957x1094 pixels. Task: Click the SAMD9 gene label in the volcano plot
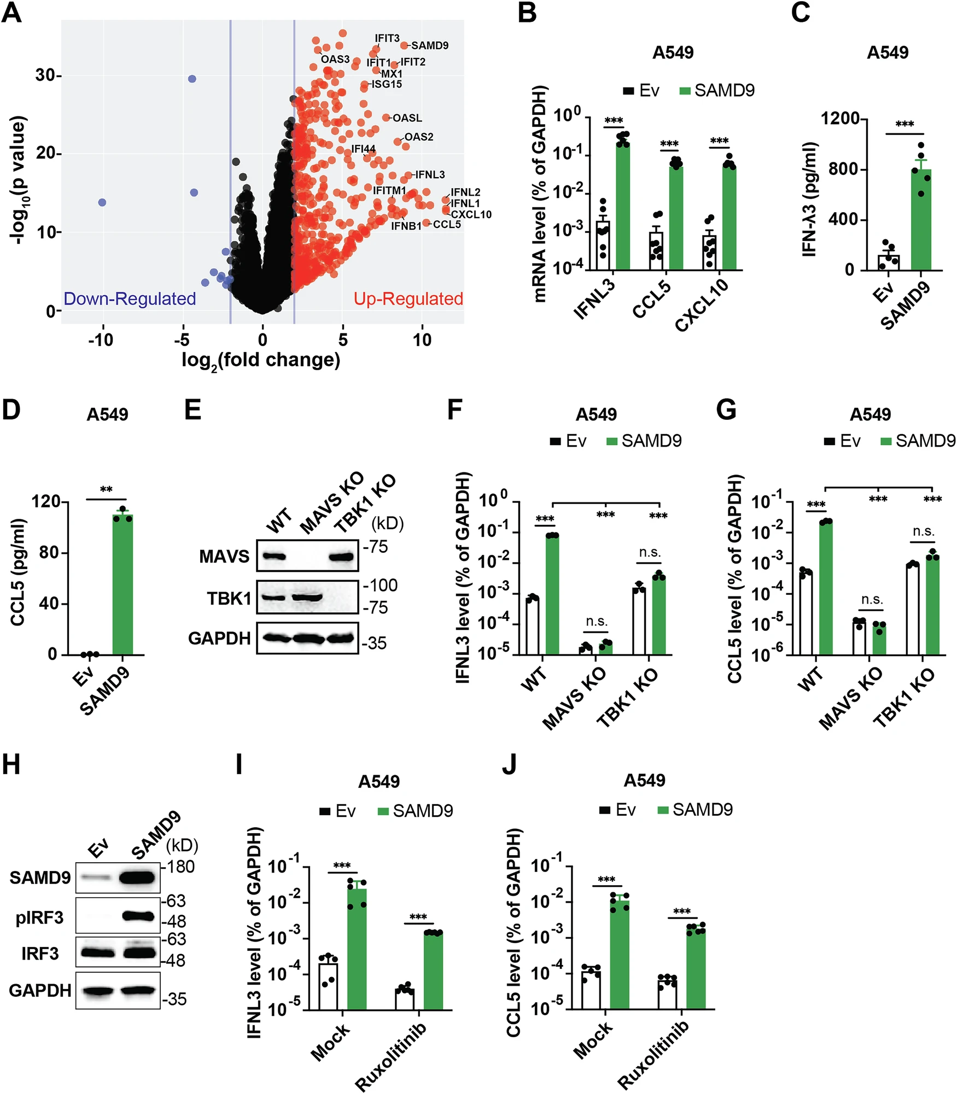pyautogui.click(x=430, y=45)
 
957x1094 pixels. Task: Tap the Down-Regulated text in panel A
pyautogui.click(x=130, y=299)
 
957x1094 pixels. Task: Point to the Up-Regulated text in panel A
pyautogui.click(x=408, y=299)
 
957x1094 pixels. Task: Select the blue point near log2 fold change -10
pyautogui.click(x=102, y=202)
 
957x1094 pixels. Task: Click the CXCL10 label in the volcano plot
pyautogui.click(x=471, y=214)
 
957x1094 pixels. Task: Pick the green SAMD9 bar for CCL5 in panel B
pyautogui.click(x=676, y=216)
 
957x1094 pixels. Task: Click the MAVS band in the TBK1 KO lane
pyautogui.click(x=341, y=557)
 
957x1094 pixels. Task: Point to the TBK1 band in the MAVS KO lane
pyautogui.click(x=307, y=598)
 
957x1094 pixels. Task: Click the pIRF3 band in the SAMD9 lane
pyautogui.click(x=138, y=916)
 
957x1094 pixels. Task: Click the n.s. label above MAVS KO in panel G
pyautogui.click(x=871, y=600)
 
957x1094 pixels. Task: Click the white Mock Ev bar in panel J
pyautogui.click(x=591, y=990)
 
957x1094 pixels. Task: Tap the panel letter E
pyautogui.click(x=192, y=409)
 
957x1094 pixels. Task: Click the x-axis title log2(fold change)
pyautogui.click(x=261, y=360)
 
